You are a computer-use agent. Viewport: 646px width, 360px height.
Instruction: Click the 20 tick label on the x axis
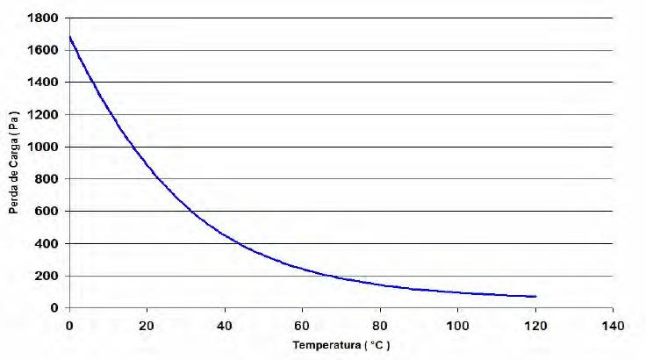coord(147,324)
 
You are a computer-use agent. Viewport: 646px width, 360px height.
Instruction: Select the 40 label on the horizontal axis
coord(225,324)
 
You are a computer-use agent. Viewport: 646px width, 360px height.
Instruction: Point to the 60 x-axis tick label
coord(303,324)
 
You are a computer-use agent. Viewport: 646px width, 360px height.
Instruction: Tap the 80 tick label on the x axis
coord(380,324)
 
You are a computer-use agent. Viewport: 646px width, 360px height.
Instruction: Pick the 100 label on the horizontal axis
coord(458,324)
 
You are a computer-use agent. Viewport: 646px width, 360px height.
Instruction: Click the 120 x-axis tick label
coord(535,324)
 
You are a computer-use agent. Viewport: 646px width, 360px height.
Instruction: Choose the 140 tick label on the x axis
coord(614,324)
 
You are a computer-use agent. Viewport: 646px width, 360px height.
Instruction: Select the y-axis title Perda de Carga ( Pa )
coord(15,169)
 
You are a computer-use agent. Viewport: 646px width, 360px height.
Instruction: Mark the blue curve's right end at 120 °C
coord(535,297)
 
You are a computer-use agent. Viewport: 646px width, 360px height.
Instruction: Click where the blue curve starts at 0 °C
coord(69,37)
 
